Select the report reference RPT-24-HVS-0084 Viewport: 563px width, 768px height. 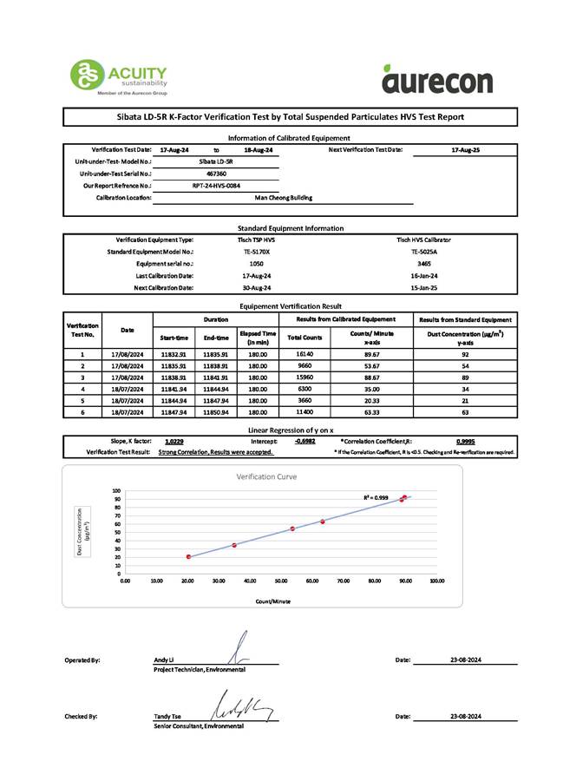tap(216, 185)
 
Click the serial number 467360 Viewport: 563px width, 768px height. tap(216, 173)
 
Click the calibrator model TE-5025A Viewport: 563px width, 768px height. tap(424, 251)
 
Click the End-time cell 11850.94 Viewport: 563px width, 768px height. tap(216, 415)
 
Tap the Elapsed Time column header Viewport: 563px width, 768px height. tap(258, 337)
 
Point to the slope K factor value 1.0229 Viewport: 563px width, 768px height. tap(173, 441)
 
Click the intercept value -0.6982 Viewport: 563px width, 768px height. tap(304, 441)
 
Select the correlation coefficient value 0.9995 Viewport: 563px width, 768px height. tap(465, 441)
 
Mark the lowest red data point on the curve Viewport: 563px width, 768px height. tap(188, 556)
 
